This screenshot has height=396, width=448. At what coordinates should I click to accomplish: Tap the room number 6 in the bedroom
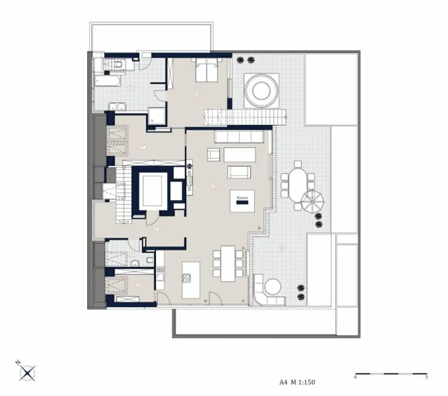(196, 93)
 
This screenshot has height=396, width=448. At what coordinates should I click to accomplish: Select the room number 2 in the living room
(213, 187)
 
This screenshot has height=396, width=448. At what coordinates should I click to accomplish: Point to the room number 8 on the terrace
(281, 249)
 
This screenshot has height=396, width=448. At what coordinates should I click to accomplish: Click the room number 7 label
(143, 147)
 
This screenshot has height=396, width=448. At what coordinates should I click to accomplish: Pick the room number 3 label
(139, 284)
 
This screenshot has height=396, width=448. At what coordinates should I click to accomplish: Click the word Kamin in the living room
(242, 198)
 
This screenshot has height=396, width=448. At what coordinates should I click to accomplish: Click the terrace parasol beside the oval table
(313, 201)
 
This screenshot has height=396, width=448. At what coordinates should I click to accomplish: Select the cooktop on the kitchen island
(187, 278)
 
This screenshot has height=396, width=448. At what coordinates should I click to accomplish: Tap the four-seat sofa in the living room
(238, 137)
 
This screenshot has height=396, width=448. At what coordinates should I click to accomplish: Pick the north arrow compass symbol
(27, 373)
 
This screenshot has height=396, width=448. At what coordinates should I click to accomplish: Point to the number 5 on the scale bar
(426, 377)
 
